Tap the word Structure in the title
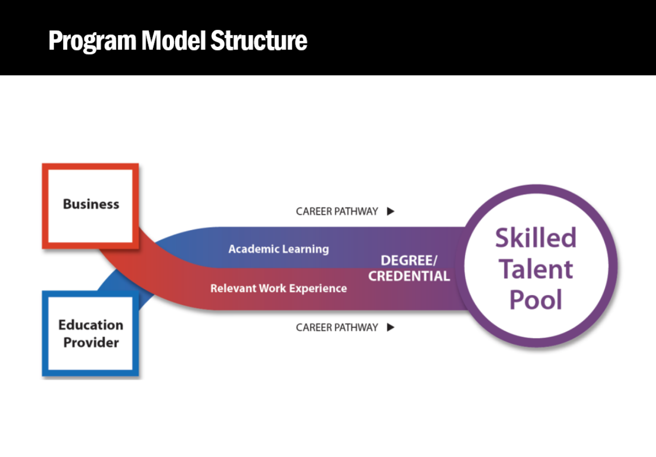tap(259, 40)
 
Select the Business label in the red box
tap(91, 204)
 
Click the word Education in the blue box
tap(91, 324)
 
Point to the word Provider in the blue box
tap(91, 342)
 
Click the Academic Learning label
tap(279, 249)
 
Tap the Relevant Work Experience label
tap(279, 288)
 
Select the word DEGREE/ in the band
tap(409, 261)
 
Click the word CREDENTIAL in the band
tap(409, 276)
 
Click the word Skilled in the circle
tap(536, 238)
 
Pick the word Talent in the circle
tap(536, 269)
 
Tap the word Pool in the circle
tap(536, 300)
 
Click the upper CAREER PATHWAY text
tap(337, 211)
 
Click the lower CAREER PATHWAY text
tap(337, 328)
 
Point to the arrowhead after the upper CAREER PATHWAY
tap(391, 211)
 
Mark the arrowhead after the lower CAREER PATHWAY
tap(391, 328)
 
